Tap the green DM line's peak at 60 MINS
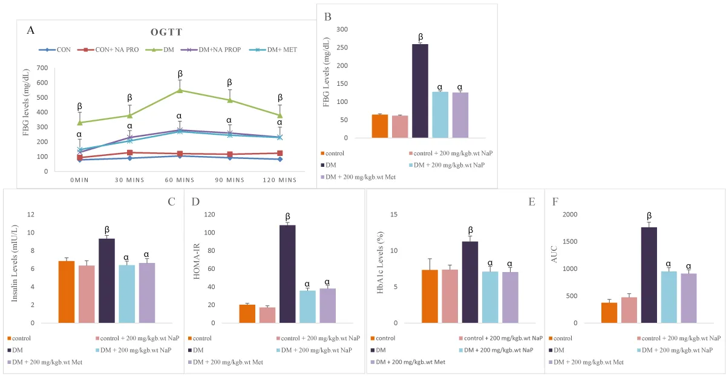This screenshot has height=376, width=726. point(179,91)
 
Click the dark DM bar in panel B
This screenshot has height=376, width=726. point(420,91)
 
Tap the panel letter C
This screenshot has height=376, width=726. point(171,201)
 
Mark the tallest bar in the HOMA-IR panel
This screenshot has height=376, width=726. point(287,274)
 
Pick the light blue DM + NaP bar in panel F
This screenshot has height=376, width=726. point(669,297)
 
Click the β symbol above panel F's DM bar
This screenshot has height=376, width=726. point(649,216)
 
